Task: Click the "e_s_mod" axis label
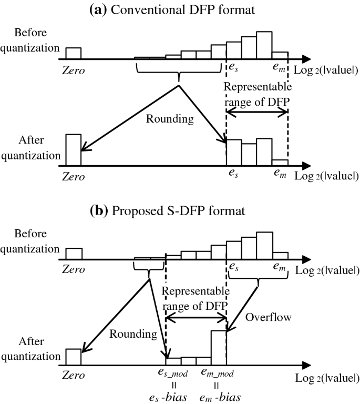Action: [x=166, y=373]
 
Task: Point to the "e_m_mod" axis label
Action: [x=218, y=373]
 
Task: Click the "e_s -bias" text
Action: [x=166, y=395]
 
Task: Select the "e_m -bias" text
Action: [x=218, y=395]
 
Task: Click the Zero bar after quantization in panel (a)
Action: [x=73, y=149]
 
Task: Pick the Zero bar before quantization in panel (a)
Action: [x=73, y=53]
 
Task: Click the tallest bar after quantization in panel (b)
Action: [x=219, y=347]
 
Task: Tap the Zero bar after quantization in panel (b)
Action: [x=73, y=356]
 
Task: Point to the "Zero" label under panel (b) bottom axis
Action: [x=73, y=375]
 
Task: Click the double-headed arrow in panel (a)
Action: [x=257, y=111]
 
